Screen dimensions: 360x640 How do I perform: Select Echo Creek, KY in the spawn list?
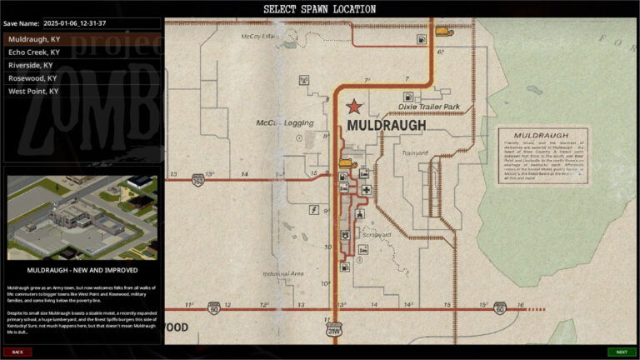33,52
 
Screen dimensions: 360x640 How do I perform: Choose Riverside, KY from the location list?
31,65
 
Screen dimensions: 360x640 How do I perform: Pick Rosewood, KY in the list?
32,78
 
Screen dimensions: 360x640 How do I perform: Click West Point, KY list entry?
33,91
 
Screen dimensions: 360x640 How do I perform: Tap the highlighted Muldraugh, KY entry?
32,38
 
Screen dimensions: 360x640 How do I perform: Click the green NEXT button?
621,352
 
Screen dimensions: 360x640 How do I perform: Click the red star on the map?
354,107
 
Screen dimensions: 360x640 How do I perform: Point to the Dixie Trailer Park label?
429,107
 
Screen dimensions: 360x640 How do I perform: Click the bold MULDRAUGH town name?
386,125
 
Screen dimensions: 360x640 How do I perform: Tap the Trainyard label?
414,153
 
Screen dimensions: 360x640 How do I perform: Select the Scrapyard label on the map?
377,235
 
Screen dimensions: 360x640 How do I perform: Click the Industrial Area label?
282,273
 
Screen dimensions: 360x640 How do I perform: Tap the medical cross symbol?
366,191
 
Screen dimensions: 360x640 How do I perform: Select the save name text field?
100,23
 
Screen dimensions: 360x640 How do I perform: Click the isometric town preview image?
82,217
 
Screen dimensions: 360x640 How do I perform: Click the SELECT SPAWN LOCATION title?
320,8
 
